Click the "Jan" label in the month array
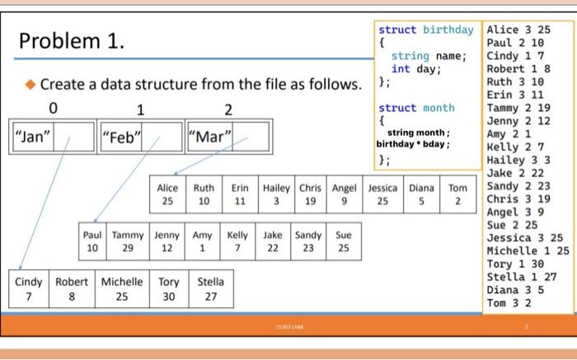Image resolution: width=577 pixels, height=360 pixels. coord(32,137)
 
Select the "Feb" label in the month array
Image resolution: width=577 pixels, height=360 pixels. coord(121,137)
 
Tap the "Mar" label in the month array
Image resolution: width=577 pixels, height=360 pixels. coord(210,137)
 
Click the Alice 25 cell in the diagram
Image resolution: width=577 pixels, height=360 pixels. coord(167,194)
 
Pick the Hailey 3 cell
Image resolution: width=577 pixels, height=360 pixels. coord(276,194)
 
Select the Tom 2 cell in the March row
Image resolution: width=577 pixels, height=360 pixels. coord(457,194)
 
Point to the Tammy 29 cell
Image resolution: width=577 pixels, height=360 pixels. coord(128,241)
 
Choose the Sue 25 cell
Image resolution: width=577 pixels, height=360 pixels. coord(344,241)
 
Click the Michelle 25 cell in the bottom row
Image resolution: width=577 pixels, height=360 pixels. coord(122,289)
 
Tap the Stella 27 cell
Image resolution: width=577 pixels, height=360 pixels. coord(211,289)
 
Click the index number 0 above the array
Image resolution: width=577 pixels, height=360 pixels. coord(54,108)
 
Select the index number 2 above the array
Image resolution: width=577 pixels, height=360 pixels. coord(228,110)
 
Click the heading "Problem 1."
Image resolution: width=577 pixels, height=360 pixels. coord(72,40)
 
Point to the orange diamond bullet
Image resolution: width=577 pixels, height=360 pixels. coord(30,85)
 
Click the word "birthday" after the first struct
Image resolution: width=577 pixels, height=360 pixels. coord(448,30)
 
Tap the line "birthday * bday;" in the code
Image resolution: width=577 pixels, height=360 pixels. coord(413,144)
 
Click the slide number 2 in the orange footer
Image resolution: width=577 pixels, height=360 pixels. coord(526,326)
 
